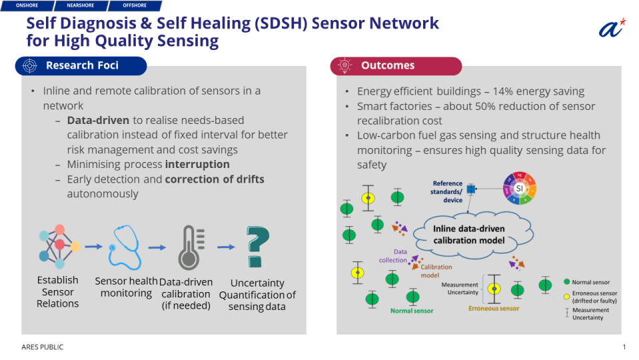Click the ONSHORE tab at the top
point(27,5)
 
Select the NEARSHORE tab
point(81,5)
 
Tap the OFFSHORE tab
point(135,5)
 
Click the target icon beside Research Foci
point(29,65)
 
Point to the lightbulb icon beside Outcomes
point(344,65)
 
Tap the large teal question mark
point(257,247)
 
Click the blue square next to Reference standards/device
point(471,189)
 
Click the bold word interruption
point(197,164)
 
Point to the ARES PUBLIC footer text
point(43,347)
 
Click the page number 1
point(624,347)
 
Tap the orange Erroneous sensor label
point(494,308)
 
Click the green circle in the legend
point(566,282)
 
